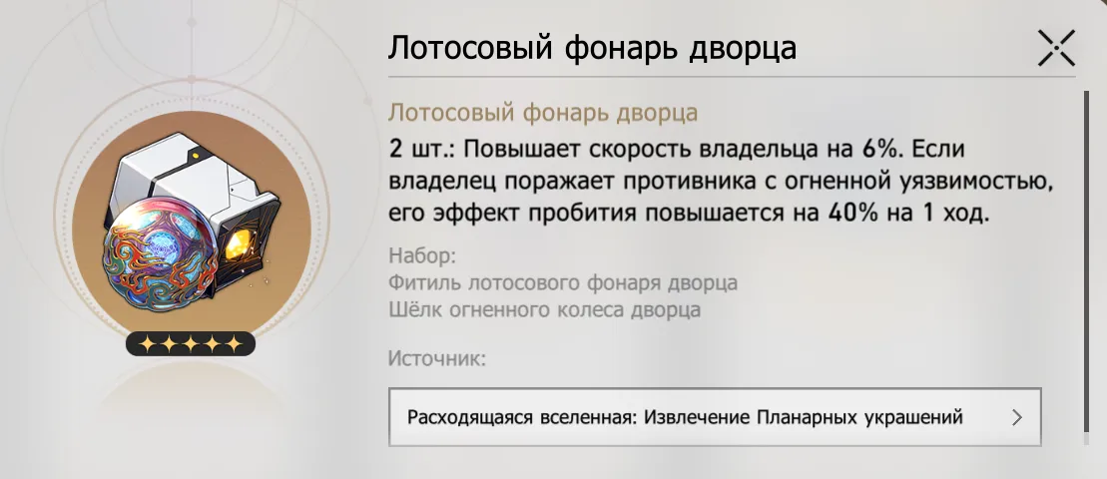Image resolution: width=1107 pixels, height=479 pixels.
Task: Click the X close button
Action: (x=1056, y=49)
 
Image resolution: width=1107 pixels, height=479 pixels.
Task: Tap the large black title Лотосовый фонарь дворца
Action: (x=592, y=49)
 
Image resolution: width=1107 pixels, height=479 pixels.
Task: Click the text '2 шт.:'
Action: (x=423, y=151)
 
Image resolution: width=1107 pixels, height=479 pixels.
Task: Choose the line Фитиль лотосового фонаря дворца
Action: (x=563, y=282)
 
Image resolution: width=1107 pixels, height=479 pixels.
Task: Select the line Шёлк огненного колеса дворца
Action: (x=545, y=309)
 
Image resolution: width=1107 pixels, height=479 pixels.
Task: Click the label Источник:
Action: (x=438, y=358)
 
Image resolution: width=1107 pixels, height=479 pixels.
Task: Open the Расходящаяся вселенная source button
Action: (x=715, y=417)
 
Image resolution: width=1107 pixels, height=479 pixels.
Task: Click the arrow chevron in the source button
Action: (x=1016, y=417)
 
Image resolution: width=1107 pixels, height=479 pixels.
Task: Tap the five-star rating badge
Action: (x=191, y=343)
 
